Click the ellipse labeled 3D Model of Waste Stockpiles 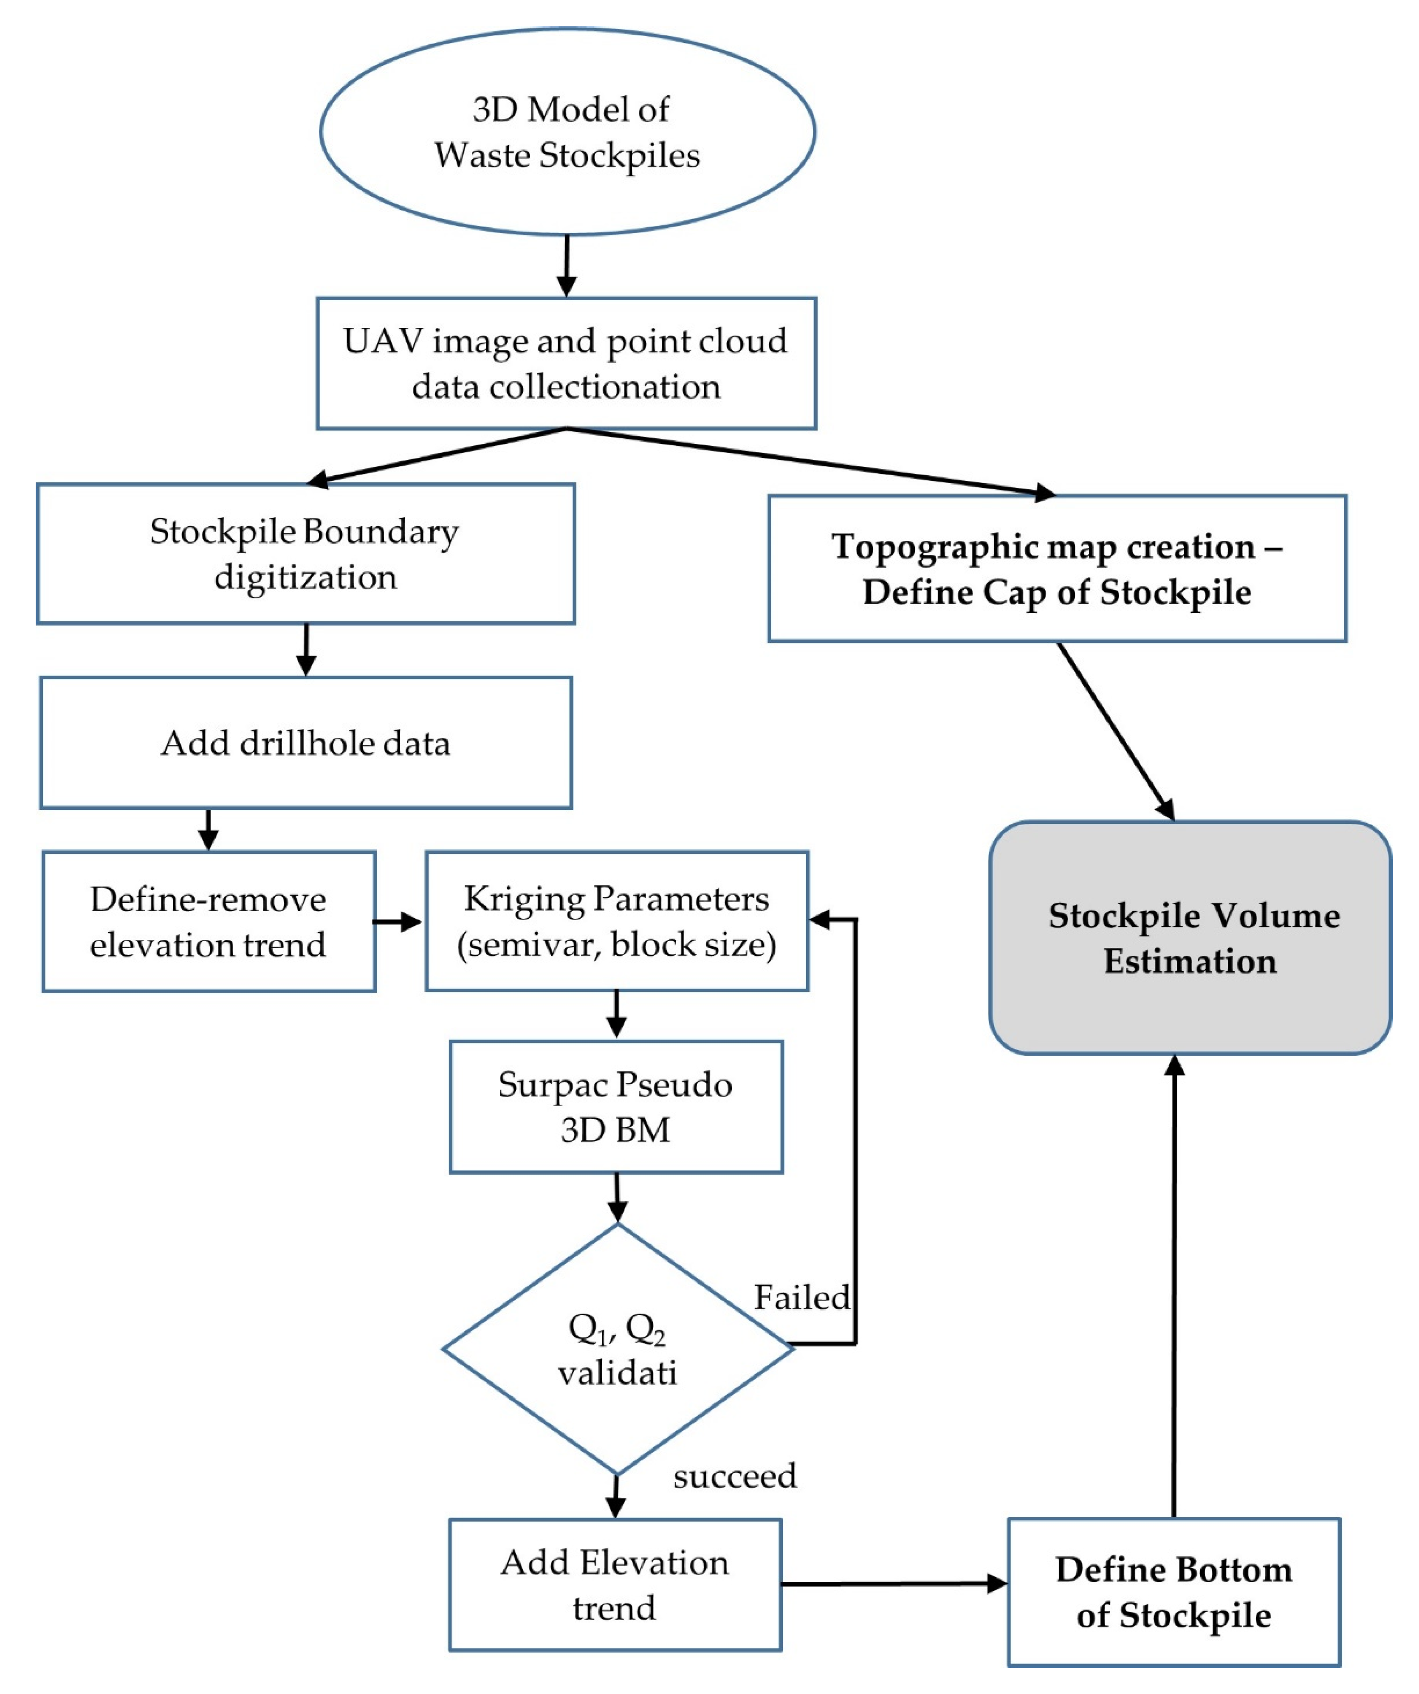click(x=567, y=132)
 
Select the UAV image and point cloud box click(x=566, y=363)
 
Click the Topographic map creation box click(x=1057, y=569)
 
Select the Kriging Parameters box click(x=616, y=921)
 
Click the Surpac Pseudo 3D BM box click(x=615, y=1107)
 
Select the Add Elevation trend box click(x=615, y=1585)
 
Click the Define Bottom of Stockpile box click(x=1174, y=1593)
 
